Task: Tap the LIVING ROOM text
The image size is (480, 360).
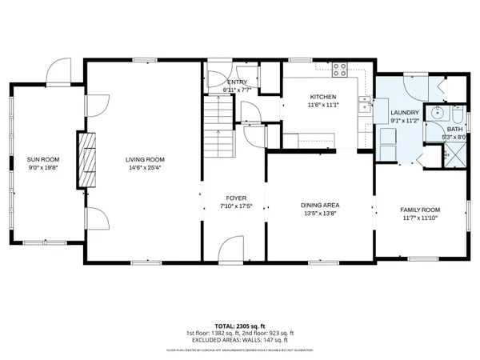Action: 143,159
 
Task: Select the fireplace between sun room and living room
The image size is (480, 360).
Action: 87,158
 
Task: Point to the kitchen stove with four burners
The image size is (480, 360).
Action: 338,70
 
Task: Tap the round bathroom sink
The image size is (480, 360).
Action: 436,114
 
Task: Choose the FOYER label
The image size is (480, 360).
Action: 235,198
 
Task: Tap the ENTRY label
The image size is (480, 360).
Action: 237,82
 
